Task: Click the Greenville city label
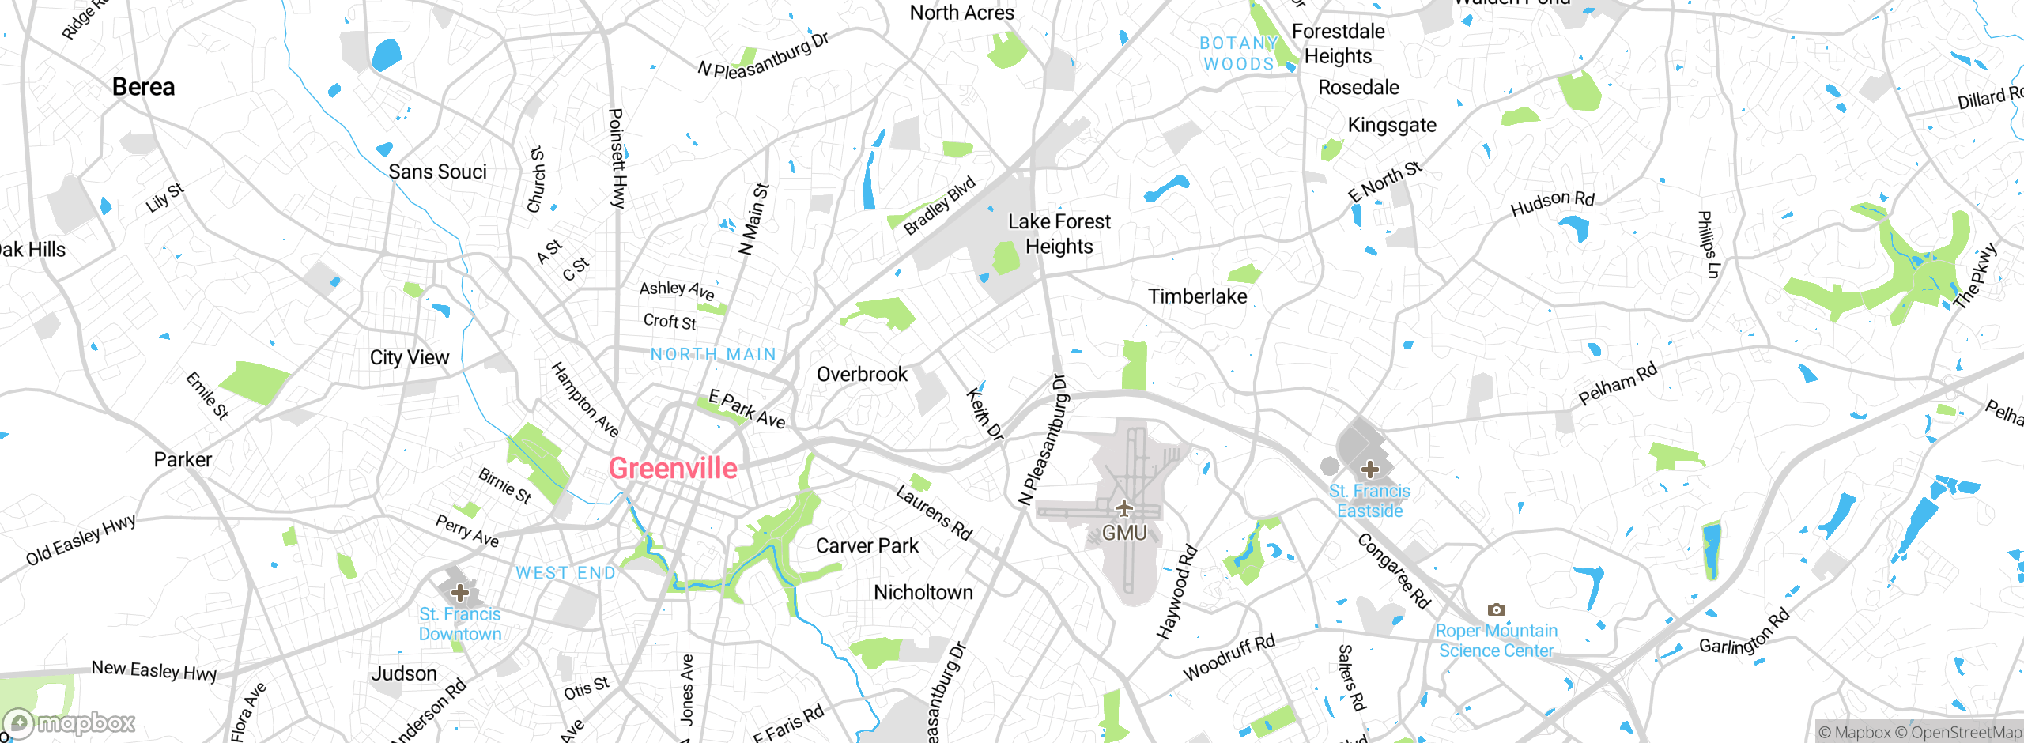click(x=673, y=469)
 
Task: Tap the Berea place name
click(x=143, y=87)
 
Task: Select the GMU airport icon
click(x=1123, y=508)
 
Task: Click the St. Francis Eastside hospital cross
click(x=1370, y=469)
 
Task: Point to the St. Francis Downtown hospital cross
click(x=460, y=592)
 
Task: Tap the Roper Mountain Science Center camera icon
click(x=1496, y=609)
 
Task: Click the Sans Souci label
click(x=437, y=172)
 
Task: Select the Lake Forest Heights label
click(x=1059, y=234)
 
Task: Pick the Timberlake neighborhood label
click(x=1197, y=296)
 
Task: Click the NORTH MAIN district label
click(x=713, y=354)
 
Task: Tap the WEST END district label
click(x=565, y=573)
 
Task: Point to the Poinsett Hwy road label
click(x=617, y=158)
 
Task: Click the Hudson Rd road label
click(x=1552, y=202)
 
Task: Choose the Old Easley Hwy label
click(x=81, y=540)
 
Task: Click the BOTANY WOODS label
click(x=1238, y=54)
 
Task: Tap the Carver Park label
click(x=867, y=546)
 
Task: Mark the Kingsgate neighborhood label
click(x=1391, y=125)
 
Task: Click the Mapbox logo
click(x=70, y=722)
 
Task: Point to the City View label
click(x=409, y=358)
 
